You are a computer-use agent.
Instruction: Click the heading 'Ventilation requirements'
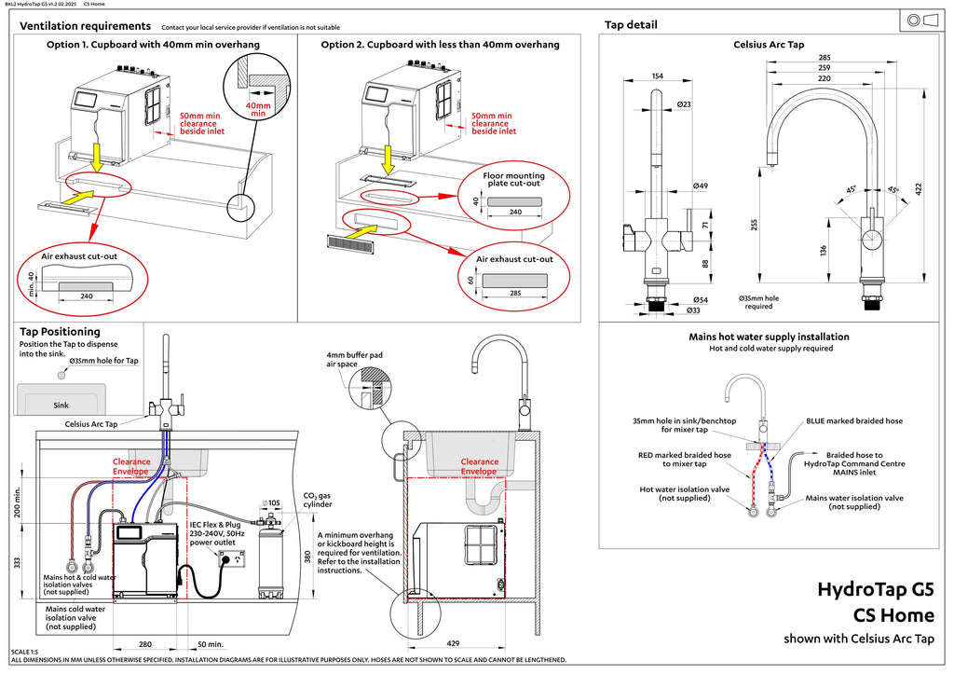pos(85,26)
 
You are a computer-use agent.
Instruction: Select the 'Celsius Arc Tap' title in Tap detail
pos(769,45)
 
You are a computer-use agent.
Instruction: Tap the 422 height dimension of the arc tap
pos(918,188)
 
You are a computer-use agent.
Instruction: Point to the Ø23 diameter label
pos(684,104)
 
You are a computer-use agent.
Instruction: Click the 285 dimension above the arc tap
pos(825,58)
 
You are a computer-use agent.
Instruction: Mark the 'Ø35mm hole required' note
pos(758,303)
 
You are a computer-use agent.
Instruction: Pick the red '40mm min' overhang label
pos(258,110)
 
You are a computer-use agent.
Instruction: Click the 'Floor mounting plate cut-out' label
pos(514,180)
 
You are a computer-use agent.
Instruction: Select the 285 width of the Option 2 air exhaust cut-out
pos(515,293)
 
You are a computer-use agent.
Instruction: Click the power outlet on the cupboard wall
pos(232,558)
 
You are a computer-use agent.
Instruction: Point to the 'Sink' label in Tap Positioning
pos(61,406)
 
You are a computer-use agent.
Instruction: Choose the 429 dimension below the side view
pos(453,643)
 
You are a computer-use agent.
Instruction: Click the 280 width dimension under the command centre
pos(145,644)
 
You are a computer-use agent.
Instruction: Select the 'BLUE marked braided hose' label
pos(854,420)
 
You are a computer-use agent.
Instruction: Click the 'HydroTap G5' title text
pos(876,590)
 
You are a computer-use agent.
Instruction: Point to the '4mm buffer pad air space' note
pos(354,359)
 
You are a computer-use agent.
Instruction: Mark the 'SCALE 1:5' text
pos(24,652)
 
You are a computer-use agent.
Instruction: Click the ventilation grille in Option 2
pos(350,243)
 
